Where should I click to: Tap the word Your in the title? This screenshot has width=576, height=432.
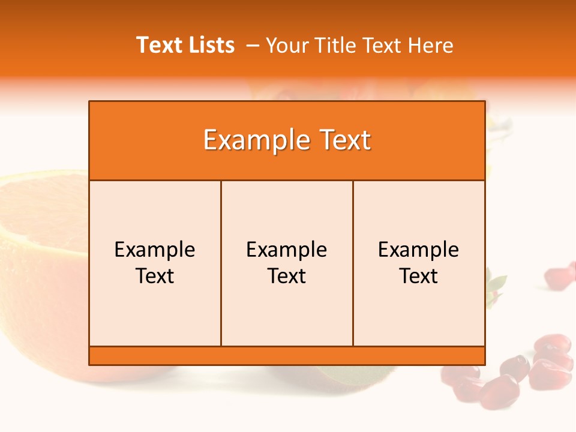click(285, 46)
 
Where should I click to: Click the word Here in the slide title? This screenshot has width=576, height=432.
click(430, 46)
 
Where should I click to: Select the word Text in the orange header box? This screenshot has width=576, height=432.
click(343, 140)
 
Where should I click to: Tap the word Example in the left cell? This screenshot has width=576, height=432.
click(155, 250)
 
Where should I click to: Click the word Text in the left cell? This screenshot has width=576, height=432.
click(155, 276)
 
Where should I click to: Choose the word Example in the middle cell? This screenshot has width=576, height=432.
click(287, 250)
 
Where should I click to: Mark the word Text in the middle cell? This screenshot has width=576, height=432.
click(287, 276)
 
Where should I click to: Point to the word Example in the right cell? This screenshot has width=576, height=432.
click(419, 250)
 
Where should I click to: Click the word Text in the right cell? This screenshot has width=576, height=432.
click(419, 276)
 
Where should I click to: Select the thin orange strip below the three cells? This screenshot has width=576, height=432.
click(287, 355)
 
